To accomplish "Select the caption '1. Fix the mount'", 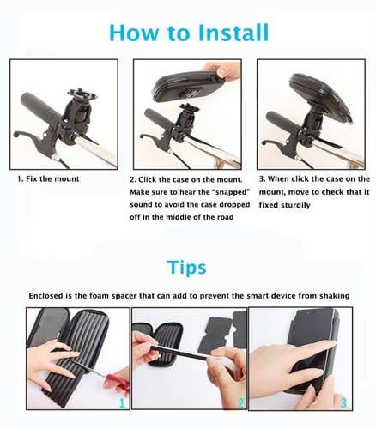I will pyautogui.click(x=49, y=179).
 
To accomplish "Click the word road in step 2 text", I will pyautogui.click(x=223, y=217).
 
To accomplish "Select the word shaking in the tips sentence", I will pyautogui.click(x=330, y=295).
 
